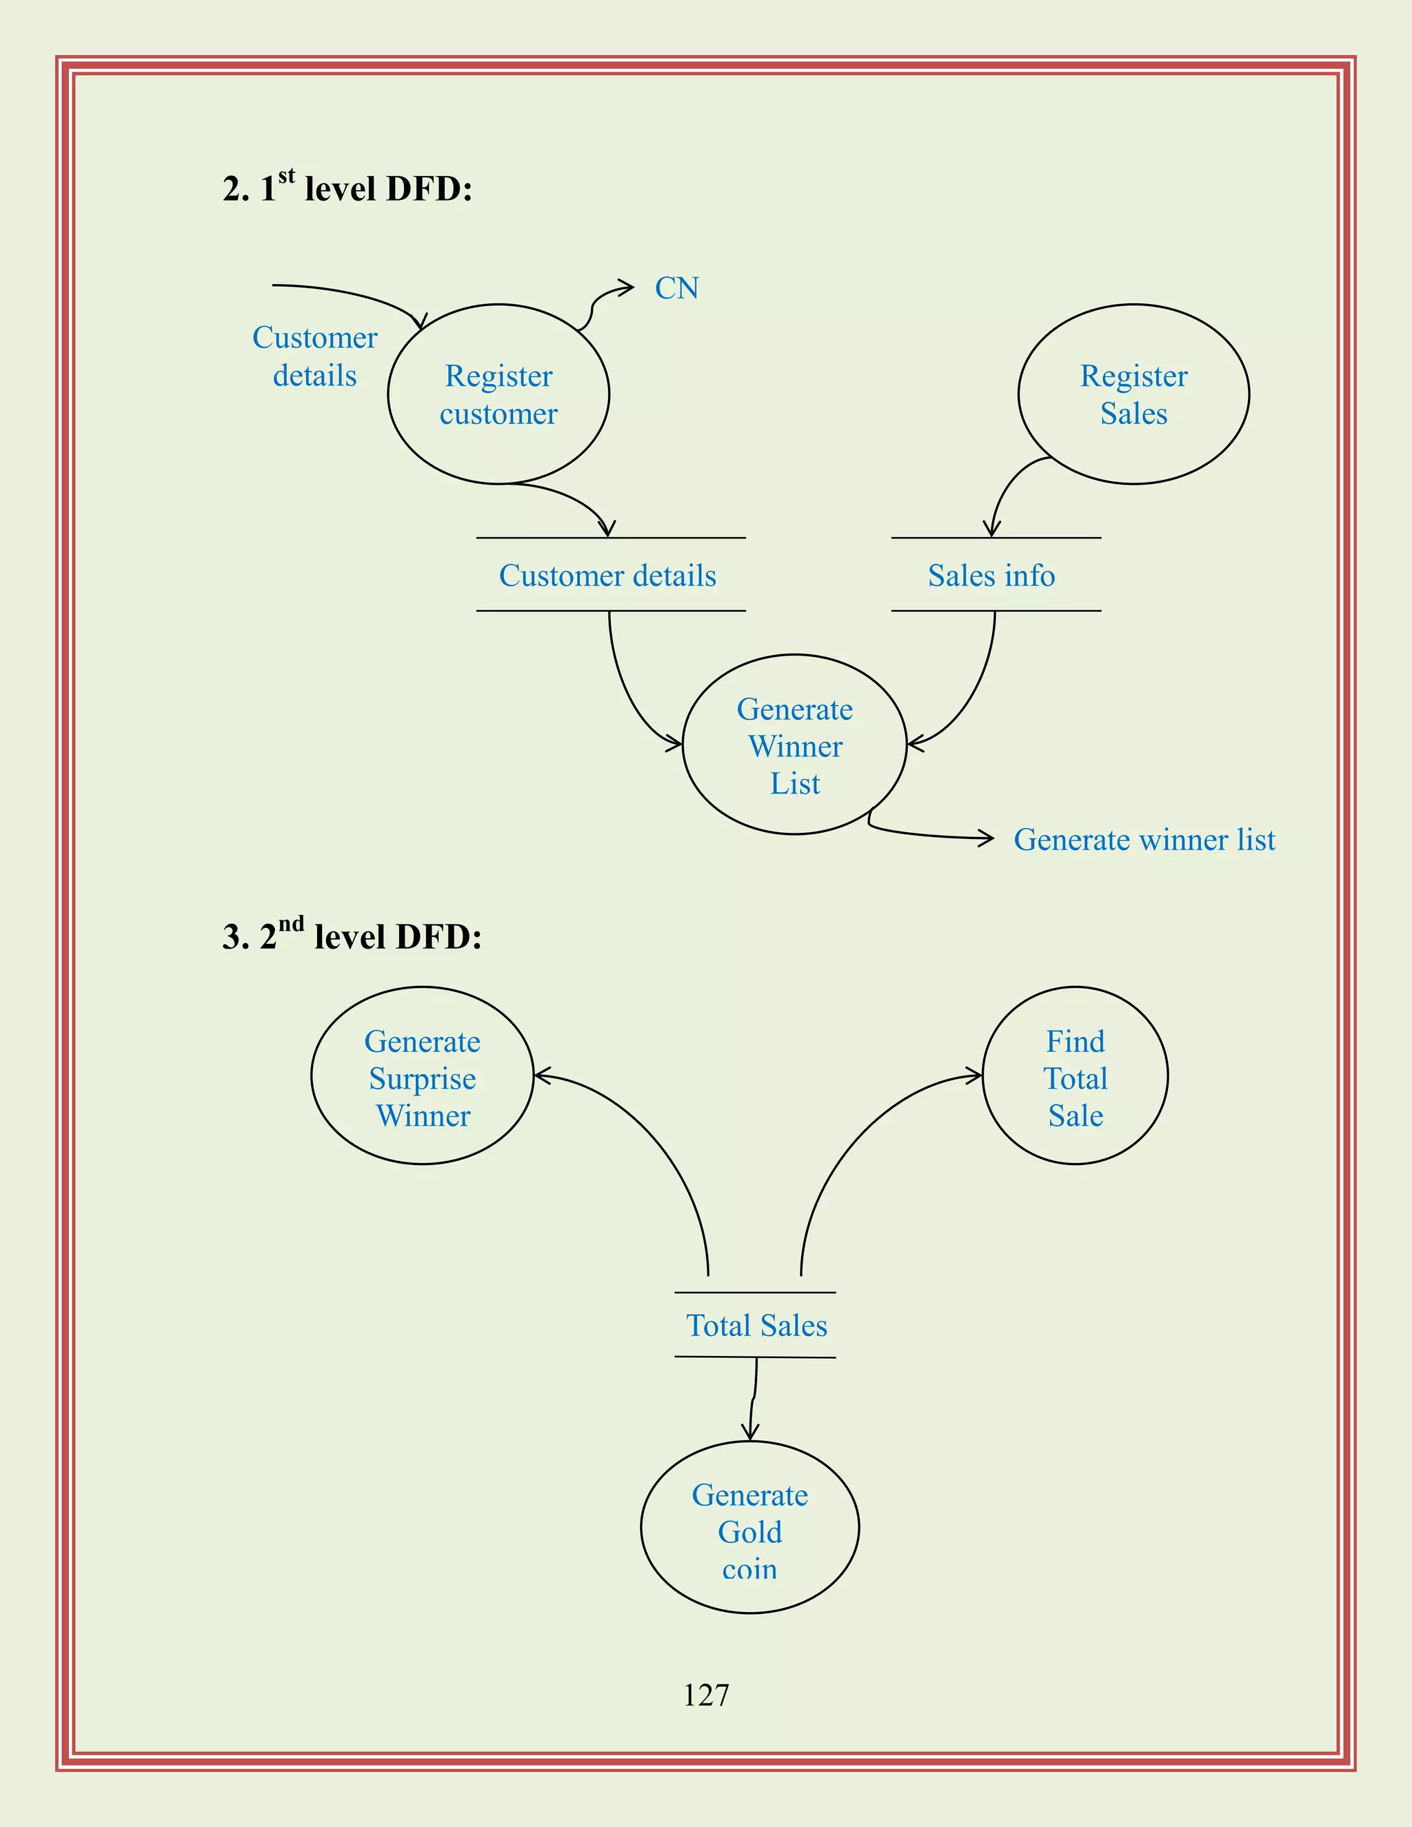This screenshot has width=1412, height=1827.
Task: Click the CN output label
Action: coord(676,289)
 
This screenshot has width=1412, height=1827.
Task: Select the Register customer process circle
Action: coord(498,394)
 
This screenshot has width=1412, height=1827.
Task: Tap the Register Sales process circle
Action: coord(1133,394)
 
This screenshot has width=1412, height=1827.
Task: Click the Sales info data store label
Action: coord(991,576)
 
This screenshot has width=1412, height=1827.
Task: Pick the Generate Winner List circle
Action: coord(795,745)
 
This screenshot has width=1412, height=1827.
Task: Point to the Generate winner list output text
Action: coord(1144,840)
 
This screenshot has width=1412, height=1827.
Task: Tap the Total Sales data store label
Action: coord(756,1326)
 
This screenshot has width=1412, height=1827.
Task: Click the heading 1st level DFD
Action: coord(348,188)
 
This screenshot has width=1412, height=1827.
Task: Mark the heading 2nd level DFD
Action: coord(352,936)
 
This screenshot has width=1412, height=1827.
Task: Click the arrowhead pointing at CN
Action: coord(628,287)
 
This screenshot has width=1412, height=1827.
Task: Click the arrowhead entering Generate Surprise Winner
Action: coord(541,1076)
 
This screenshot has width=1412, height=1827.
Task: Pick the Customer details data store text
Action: coord(607,576)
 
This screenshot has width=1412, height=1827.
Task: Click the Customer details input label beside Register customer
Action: coord(314,356)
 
